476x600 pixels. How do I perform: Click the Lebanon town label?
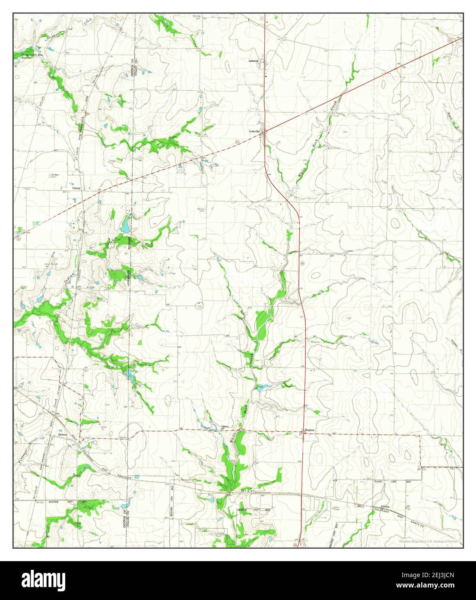253,61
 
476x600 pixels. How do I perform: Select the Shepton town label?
309,430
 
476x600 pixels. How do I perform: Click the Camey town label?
76,188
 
